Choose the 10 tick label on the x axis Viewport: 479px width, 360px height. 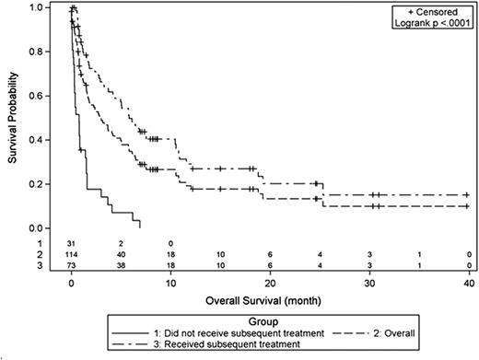170,282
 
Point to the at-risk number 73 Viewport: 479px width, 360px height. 71,265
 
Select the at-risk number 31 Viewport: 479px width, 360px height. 71,242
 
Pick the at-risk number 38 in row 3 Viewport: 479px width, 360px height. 121,265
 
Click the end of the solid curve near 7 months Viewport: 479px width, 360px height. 139,227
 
